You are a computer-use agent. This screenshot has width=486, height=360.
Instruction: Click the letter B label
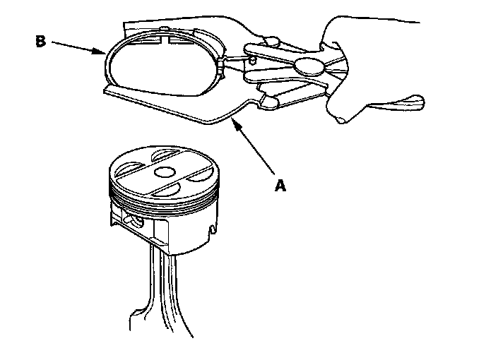point(41,41)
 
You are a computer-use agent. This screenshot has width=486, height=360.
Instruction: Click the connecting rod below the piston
point(170,296)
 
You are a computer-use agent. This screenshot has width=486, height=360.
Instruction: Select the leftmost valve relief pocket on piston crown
point(126,168)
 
